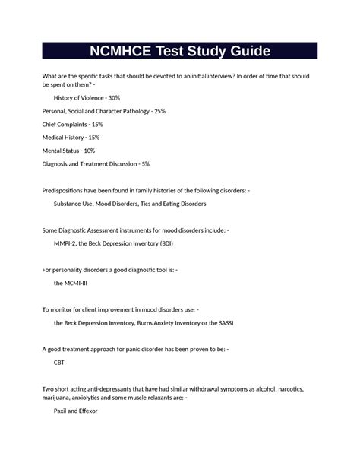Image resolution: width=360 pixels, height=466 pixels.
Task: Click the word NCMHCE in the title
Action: coord(126,52)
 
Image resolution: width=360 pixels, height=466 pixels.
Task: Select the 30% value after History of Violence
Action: coord(112,98)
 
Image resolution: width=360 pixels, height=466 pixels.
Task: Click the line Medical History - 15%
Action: coord(71,138)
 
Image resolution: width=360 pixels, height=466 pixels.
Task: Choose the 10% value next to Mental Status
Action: coord(88,151)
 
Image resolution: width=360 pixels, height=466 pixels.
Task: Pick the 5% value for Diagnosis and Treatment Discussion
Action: coord(144,164)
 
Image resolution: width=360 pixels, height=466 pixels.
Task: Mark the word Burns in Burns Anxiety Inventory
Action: coord(147,322)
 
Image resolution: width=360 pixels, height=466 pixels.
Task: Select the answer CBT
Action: coord(59,363)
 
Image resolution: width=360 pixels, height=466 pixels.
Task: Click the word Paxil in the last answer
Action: coord(62,411)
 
